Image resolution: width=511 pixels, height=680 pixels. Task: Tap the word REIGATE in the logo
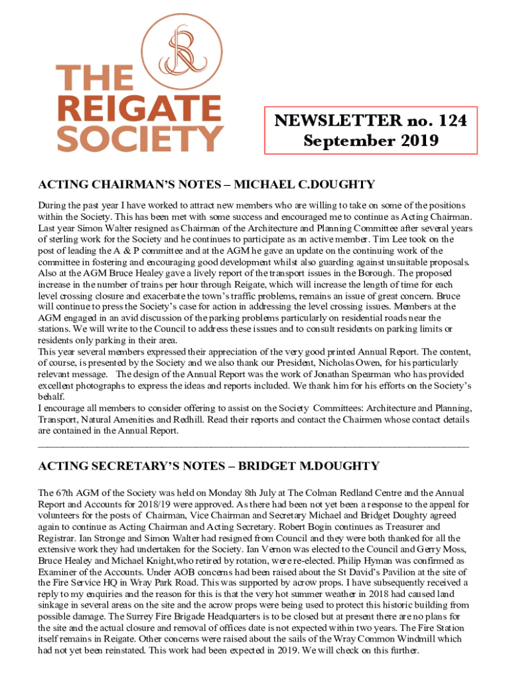(139, 108)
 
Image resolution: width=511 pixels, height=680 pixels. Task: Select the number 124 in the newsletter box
(446, 120)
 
